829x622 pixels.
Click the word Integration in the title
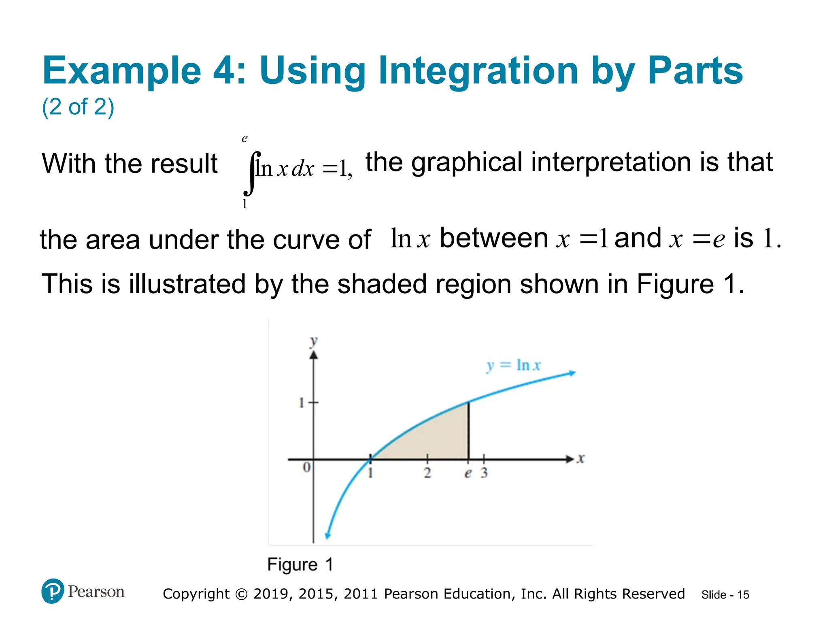(x=479, y=71)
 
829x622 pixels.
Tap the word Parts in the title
(x=695, y=71)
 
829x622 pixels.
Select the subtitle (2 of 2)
(x=78, y=107)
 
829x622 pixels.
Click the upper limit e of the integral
(x=244, y=139)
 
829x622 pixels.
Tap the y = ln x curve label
(x=513, y=365)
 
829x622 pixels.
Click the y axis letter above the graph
(x=313, y=341)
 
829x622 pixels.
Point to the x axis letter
(x=581, y=459)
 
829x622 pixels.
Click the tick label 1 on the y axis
(x=301, y=403)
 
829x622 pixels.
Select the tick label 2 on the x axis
(x=427, y=473)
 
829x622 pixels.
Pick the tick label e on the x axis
(x=468, y=473)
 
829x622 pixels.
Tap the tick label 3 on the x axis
(x=484, y=473)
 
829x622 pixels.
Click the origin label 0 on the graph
(x=306, y=467)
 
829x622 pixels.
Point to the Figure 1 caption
(x=300, y=564)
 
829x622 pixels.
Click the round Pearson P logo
(x=53, y=591)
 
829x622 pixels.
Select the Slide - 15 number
(x=725, y=595)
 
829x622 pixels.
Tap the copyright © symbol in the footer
(x=241, y=594)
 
